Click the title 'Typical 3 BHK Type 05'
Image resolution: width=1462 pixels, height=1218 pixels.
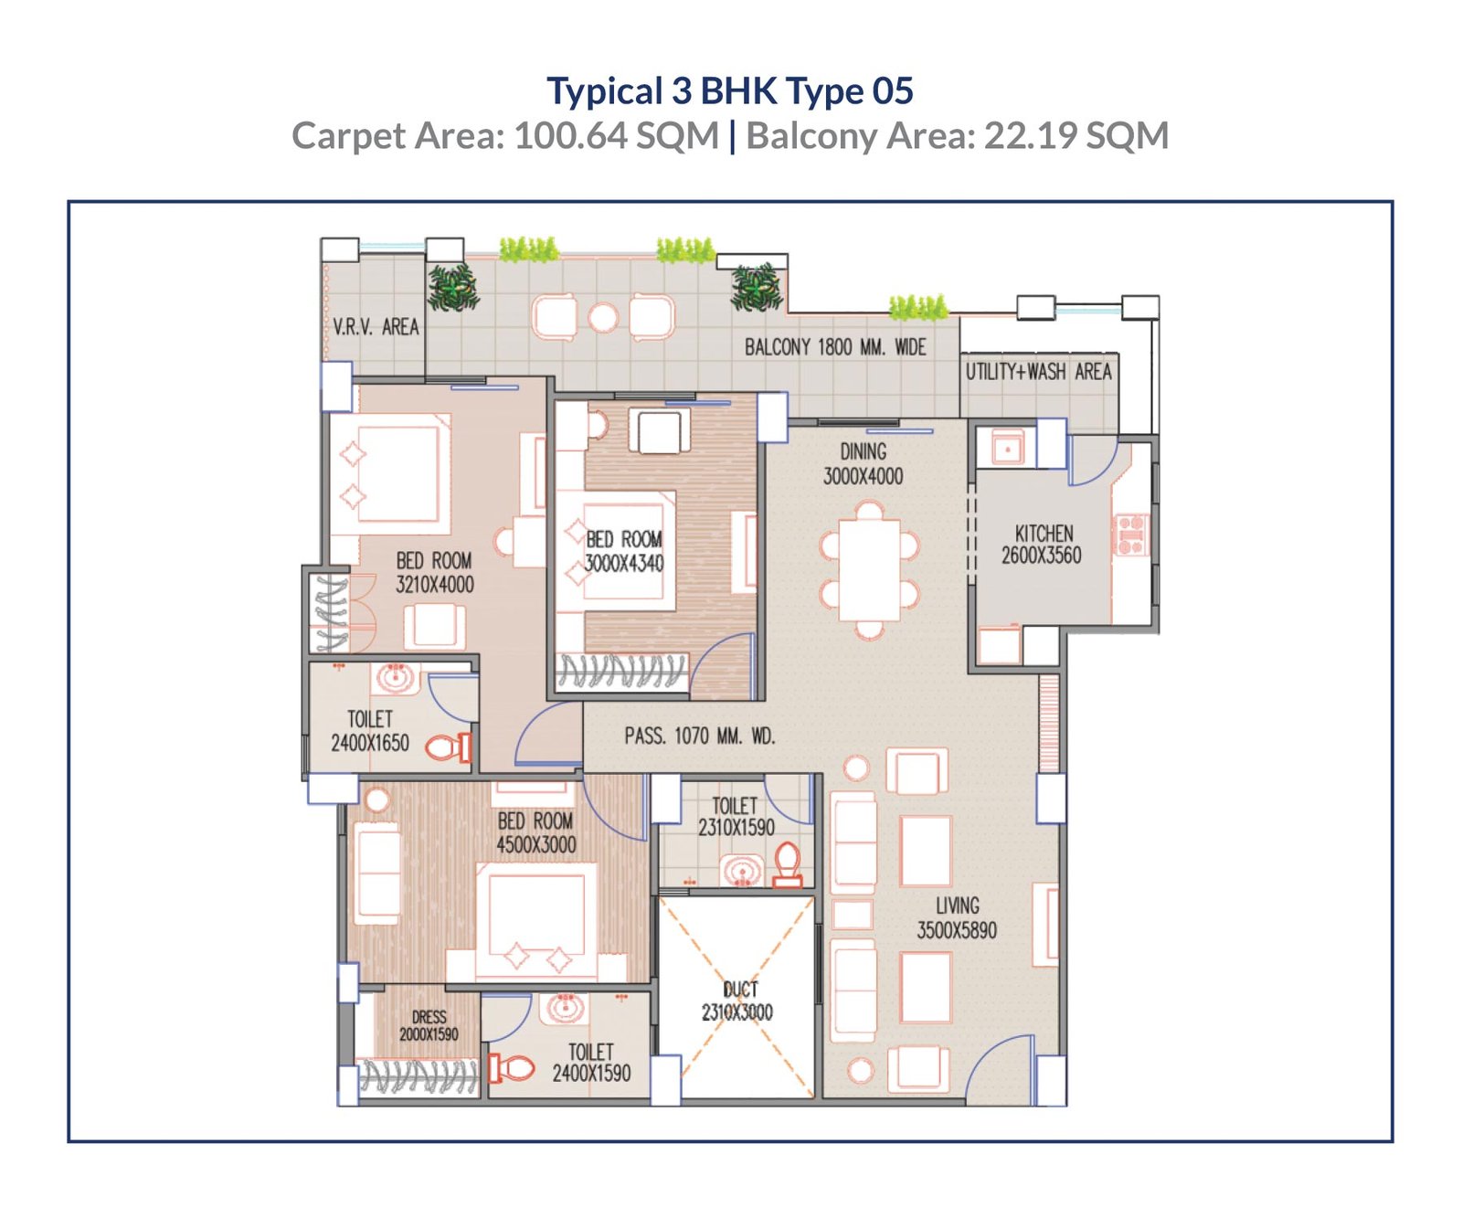(730, 90)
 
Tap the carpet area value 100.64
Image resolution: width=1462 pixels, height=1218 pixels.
(571, 136)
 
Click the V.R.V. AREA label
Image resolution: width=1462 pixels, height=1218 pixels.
(376, 326)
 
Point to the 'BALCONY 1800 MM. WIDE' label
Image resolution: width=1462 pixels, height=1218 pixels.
(835, 347)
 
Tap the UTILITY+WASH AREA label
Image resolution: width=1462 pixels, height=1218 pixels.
(1039, 371)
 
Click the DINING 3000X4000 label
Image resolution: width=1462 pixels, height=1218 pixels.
(863, 463)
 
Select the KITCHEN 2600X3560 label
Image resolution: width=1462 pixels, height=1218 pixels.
(1042, 544)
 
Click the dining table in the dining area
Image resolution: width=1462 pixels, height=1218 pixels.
(870, 569)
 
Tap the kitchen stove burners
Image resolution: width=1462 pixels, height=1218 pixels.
(1130, 535)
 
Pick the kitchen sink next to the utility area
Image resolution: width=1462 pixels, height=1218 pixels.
(1007, 449)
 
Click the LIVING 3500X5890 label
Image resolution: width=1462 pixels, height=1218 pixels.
(957, 917)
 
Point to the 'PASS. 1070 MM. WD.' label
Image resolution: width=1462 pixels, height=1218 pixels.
(700, 736)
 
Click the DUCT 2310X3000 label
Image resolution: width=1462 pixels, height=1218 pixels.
(737, 1001)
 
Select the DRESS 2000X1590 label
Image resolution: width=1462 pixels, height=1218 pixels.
(429, 1025)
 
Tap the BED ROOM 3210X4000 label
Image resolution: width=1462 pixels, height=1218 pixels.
(435, 572)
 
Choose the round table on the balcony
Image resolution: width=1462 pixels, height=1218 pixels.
(603, 318)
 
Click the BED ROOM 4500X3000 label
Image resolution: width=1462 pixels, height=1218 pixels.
(536, 832)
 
